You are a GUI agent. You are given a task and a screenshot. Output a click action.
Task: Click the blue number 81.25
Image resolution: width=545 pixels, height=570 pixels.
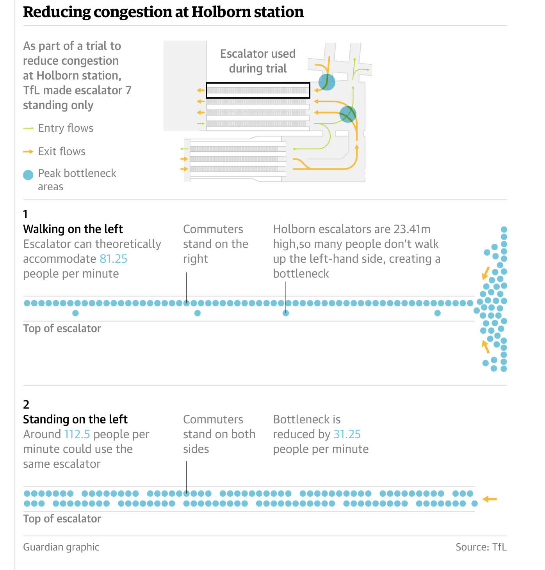[x=113, y=259]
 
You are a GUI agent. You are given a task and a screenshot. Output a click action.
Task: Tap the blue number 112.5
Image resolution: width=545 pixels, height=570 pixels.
[x=77, y=434]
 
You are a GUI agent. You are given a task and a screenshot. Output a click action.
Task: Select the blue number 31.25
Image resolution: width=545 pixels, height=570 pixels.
[x=347, y=434]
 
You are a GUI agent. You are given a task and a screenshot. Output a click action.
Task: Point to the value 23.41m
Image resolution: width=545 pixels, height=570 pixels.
[x=412, y=229]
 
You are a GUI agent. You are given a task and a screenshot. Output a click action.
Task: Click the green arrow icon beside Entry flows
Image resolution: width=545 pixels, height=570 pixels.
[x=28, y=128]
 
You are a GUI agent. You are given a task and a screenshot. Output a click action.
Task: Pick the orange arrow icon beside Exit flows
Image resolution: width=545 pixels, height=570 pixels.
[x=28, y=152]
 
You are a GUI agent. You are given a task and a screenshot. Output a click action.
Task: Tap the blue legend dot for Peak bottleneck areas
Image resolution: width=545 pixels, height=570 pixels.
[x=28, y=175]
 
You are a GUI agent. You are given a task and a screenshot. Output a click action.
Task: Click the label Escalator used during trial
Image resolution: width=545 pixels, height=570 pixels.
[x=258, y=61]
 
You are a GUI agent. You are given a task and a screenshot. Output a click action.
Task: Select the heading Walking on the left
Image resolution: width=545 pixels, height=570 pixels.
[x=73, y=229]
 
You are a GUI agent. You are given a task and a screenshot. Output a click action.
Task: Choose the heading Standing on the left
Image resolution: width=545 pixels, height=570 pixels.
[x=75, y=420]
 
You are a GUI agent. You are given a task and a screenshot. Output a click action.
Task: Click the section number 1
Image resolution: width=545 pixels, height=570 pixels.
[x=25, y=214]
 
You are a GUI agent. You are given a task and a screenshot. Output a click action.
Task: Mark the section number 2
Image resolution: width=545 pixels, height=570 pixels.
[x=26, y=405]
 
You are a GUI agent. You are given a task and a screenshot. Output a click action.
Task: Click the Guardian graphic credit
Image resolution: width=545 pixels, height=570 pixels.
[x=61, y=547]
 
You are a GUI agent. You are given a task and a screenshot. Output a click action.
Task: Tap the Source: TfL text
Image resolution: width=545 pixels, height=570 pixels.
[x=481, y=547]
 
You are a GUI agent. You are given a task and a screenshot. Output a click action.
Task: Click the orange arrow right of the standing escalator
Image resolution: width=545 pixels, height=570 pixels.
[x=490, y=499]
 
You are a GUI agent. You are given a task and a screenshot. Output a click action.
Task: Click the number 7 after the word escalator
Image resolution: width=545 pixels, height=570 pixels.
[x=128, y=90]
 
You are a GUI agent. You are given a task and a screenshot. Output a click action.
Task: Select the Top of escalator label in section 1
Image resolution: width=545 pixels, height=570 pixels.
[x=62, y=329]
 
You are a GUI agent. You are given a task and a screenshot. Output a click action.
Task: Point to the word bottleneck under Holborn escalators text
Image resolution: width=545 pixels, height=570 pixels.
[x=301, y=274]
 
